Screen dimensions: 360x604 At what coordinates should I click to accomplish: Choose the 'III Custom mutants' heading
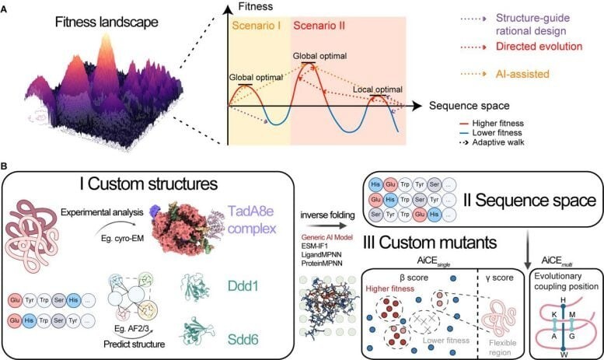point(421,232)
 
